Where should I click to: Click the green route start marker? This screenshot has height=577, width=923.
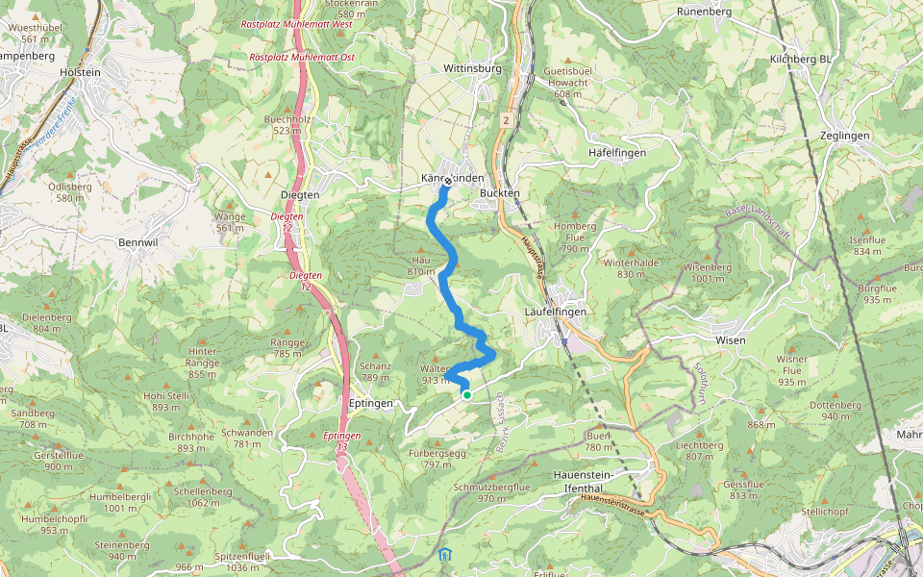pyautogui.click(x=466, y=394)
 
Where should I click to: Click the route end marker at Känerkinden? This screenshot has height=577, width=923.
pyautogui.click(x=448, y=180)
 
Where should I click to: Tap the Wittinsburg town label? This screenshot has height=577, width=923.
pyautogui.click(x=473, y=69)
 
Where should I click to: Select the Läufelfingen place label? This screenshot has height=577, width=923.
pyautogui.click(x=556, y=313)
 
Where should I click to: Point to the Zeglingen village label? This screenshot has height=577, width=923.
pyautogui.click(x=845, y=136)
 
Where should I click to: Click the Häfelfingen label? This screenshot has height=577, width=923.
pyautogui.click(x=616, y=153)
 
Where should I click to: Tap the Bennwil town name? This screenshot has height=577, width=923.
pyautogui.click(x=137, y=242)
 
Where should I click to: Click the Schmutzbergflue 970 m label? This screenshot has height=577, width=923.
pyautogui.click(x=491, y=492)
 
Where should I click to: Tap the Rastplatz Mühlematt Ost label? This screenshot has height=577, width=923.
pyautogui.click(x=302, y=58)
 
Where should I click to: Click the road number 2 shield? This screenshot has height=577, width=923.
pyautogui.click(x=505, y=120)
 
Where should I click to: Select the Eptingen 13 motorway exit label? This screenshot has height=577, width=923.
pyautogui.click(x=342, y=441)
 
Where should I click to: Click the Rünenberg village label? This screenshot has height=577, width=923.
pyautogui.click(x=705, y=12)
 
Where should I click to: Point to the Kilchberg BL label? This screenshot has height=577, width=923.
pyautogui.click(x=800, y=60)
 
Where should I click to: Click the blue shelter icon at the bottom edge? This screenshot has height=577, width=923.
pyautogui.click(x=443, y=555)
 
